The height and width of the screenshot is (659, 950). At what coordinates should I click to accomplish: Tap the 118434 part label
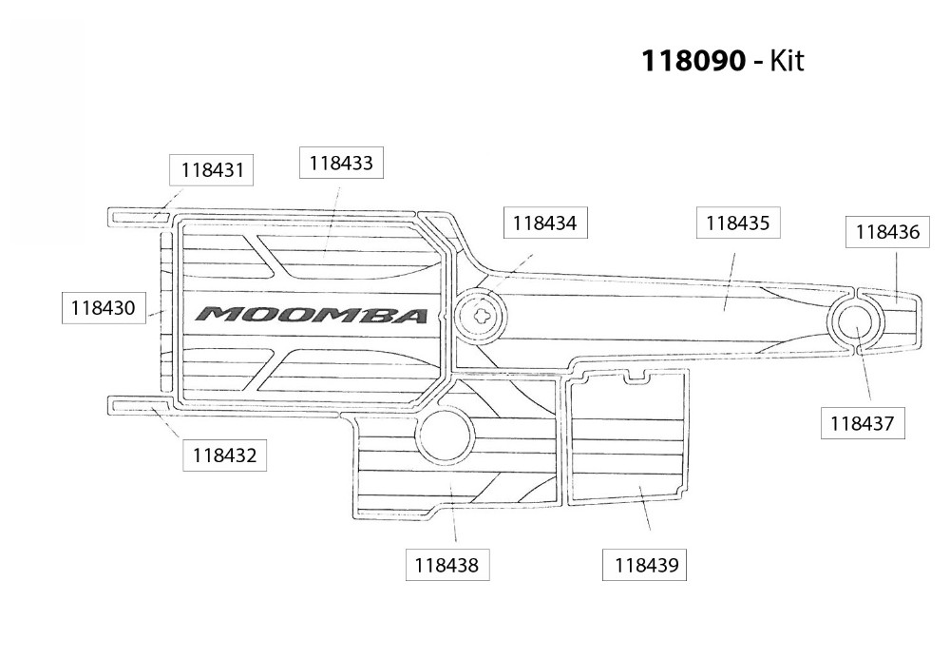[544, 223]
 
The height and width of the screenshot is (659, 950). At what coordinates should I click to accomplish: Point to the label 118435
[737, 223]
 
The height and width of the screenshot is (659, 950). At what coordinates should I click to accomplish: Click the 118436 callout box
[886, 231]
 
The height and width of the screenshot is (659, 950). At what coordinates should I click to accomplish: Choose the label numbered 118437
[862, 423]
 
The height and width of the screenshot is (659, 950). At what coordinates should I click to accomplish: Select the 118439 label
[646, 565]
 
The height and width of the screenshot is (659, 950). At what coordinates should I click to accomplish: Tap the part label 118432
[223, 455]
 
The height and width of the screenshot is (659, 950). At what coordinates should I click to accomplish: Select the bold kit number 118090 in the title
[693, 62]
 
